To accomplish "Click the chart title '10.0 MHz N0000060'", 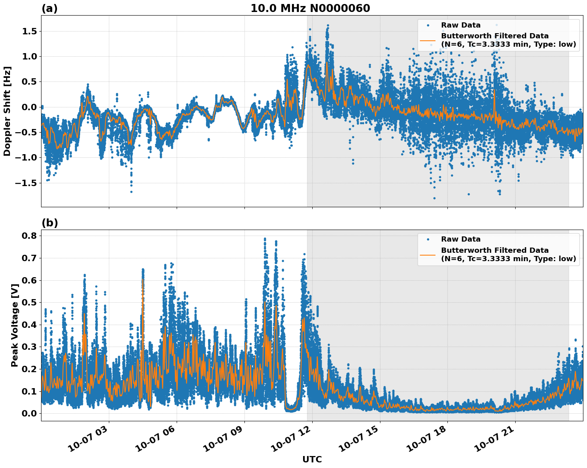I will (310, 8).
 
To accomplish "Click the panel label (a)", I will (49, 8).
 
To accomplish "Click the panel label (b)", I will (49, 223).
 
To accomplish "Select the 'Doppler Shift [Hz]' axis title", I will (7, 111).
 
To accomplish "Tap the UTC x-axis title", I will (312, 459).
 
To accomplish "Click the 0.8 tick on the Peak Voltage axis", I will (28, 236).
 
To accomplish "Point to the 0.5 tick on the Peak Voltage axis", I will (28, 302).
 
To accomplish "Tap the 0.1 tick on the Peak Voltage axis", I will (28, 391).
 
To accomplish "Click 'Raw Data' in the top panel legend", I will (461, 25).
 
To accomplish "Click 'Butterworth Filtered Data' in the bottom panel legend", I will (494, 250).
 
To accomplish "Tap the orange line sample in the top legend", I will (428, 40).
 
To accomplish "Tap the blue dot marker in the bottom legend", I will (428, 240).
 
